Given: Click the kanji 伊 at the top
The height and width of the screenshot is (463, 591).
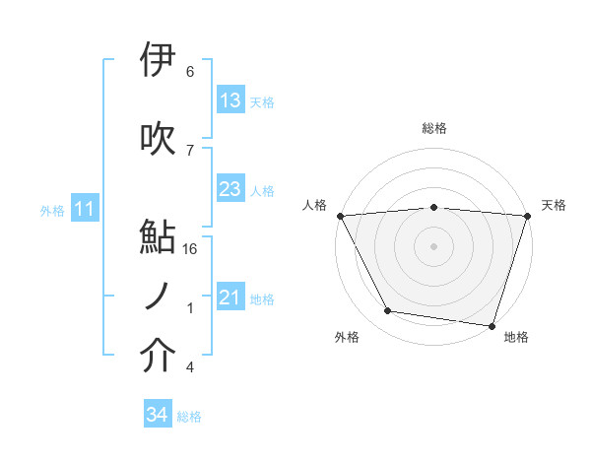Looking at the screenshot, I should pos(158,61).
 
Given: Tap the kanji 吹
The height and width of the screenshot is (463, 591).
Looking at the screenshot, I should pos(158,139).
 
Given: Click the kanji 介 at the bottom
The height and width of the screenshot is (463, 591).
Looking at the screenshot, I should pos(158,358).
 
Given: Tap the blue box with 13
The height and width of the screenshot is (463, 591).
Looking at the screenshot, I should pos(230,100).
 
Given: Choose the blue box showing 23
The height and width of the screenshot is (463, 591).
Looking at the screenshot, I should pos(230,189).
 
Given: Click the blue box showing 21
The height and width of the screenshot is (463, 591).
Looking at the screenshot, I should pos(230,298).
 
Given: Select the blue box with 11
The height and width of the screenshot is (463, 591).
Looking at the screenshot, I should pos(85,209).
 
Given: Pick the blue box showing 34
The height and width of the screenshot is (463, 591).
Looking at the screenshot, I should pos(157,416).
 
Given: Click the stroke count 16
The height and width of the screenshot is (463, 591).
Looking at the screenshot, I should pos(192,249).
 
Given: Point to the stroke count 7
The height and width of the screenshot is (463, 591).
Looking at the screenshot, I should pos(190,150).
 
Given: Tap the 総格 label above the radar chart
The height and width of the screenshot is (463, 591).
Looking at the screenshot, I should pos(433,128).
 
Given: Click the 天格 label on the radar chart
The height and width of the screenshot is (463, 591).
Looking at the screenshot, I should pos(554,205).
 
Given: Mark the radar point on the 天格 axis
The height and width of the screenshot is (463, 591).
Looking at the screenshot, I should pos(527,215).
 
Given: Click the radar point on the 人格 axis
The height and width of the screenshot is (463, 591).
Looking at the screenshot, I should pos(340,215).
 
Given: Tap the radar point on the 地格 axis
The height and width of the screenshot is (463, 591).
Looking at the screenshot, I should pos(492,325).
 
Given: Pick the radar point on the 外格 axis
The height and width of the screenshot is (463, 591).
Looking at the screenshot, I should pos(388,311).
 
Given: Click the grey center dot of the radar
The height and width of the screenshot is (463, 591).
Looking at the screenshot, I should pos(433,245).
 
